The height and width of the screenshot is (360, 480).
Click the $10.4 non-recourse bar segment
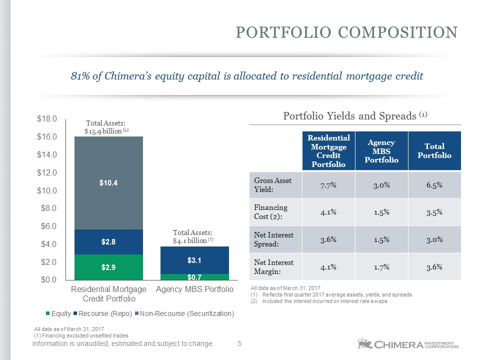(108, 183)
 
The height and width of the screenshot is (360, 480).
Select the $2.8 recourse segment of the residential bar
(108, 242)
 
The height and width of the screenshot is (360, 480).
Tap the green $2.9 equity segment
(108, 267)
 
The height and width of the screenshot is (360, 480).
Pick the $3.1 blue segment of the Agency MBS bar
(194, 260)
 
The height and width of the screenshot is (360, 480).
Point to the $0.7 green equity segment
(194, 277)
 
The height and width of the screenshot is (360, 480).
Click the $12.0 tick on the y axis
(47, 172)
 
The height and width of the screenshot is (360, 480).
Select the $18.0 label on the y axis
(47, 119)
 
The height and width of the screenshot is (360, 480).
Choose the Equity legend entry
(58, 313)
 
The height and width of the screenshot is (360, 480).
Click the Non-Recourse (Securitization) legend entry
(184, 313)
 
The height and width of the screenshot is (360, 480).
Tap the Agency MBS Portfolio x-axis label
(194, 289)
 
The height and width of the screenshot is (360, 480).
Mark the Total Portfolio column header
(434, 150)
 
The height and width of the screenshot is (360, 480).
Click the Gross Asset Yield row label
(273, 185)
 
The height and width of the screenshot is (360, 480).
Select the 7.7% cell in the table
(328, 185)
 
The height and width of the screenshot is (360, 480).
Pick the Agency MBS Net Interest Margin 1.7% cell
(381, 267)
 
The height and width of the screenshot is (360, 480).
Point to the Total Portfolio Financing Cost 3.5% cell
(434, 212)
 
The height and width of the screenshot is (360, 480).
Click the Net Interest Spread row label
(273, 239)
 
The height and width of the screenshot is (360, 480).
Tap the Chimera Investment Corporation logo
(408, 344)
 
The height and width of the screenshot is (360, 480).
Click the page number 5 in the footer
(239, 344)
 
